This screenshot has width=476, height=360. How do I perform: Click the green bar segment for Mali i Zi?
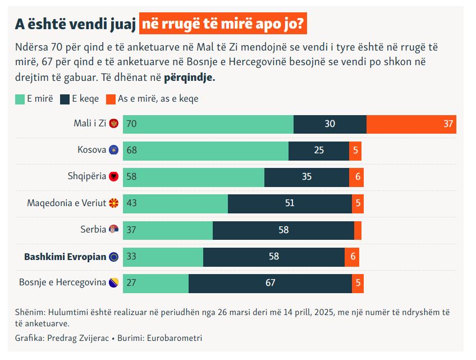click(208, 124)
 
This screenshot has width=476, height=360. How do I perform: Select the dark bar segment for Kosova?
click(318, 151)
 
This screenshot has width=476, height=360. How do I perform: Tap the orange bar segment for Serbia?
click(358, 230)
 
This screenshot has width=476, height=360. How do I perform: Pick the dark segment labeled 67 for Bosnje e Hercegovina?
click(270, 283)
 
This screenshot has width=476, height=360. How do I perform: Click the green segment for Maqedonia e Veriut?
click(175, 203)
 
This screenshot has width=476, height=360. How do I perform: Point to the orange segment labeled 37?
click(411, 124)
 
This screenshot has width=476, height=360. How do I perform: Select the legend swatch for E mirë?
click(19, 99)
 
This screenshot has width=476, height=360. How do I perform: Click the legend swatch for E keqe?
click(64, 99)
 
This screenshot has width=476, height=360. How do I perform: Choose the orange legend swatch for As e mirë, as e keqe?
click(109, 99)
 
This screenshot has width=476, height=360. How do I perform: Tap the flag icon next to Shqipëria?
click(114, 176)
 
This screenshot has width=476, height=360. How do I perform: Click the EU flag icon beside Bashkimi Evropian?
click(114, 257)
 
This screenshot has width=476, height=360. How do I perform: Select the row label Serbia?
click(93, 230)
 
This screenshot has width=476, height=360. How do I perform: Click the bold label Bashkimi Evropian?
click(65, 257)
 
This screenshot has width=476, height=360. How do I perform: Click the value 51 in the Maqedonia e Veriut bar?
click(290, 203)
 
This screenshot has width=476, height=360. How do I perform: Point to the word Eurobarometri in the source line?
click(176, 338)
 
